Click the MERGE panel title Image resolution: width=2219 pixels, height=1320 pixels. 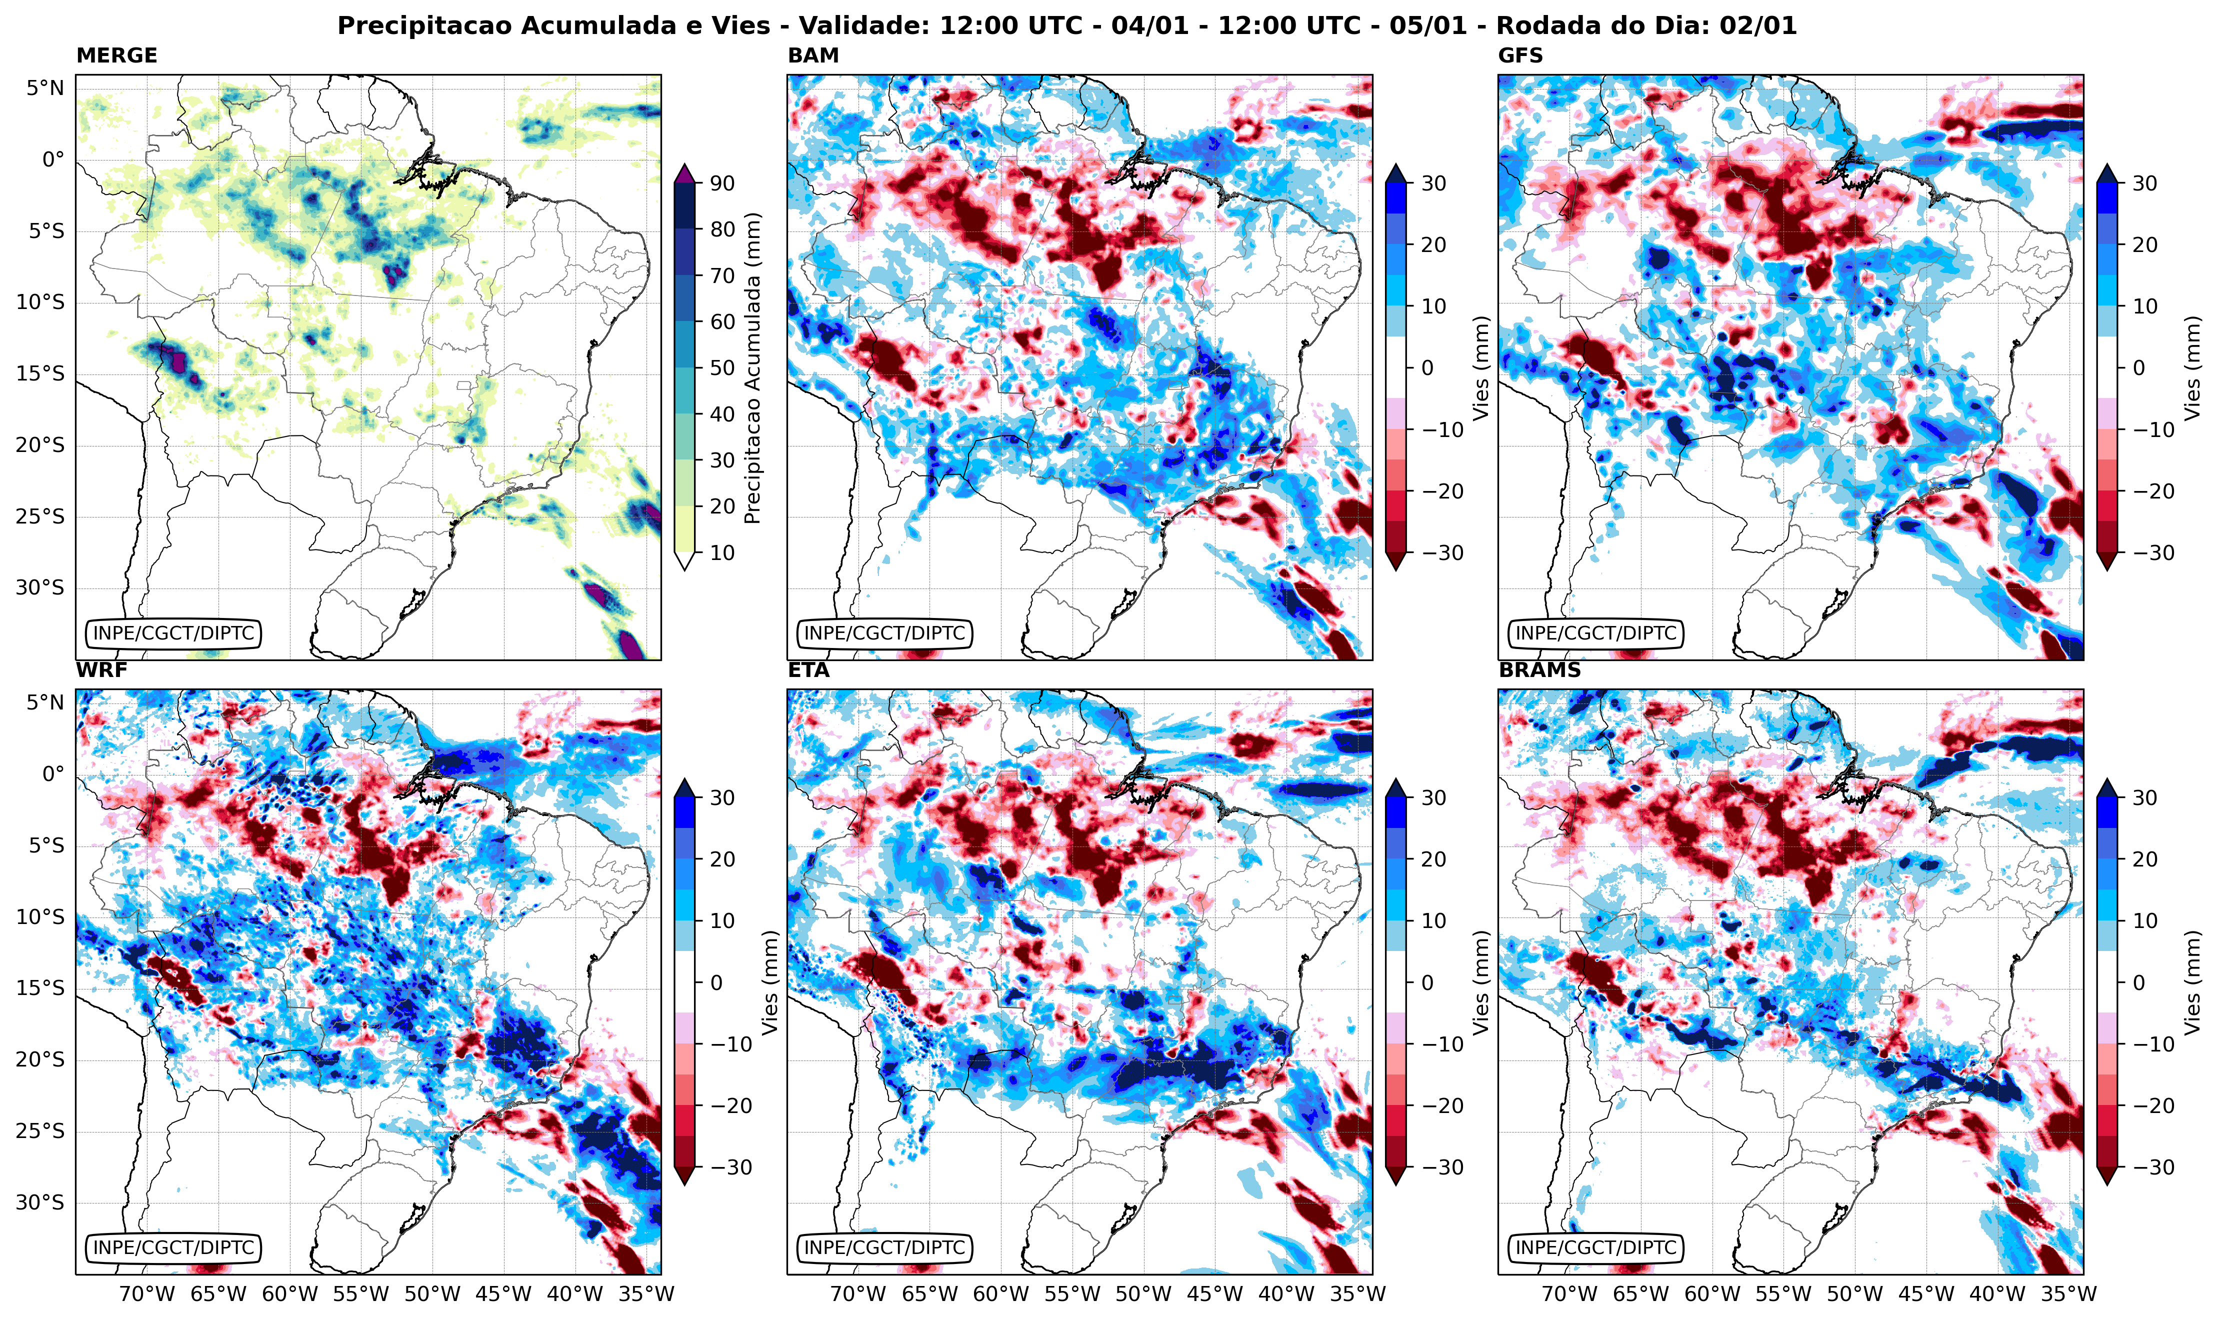point(116,55)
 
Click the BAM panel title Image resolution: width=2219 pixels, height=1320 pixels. point(813,55)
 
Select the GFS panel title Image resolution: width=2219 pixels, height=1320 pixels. point(1521,55)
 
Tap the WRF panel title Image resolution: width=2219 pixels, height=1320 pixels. point(101,670)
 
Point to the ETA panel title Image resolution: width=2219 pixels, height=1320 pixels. point(808,670)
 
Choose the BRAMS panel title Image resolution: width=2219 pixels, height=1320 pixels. point(1539,670)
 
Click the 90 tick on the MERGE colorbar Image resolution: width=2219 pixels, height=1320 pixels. point(721,183)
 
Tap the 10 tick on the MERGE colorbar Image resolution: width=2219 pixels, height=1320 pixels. point(721,552)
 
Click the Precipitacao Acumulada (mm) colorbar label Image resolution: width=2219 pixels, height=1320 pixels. point(752,367)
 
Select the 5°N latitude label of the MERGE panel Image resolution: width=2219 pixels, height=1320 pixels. point(44,88)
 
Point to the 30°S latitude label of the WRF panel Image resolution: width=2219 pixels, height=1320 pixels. point(40,1202)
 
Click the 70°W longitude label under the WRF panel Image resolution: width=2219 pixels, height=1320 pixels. point(146,1293)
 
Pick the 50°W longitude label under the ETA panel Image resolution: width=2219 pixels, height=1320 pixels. point(1143,1293)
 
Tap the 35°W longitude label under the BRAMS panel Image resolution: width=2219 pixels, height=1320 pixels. point(2068,1293)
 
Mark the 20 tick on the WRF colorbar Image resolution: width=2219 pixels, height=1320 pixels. point(721,859)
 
